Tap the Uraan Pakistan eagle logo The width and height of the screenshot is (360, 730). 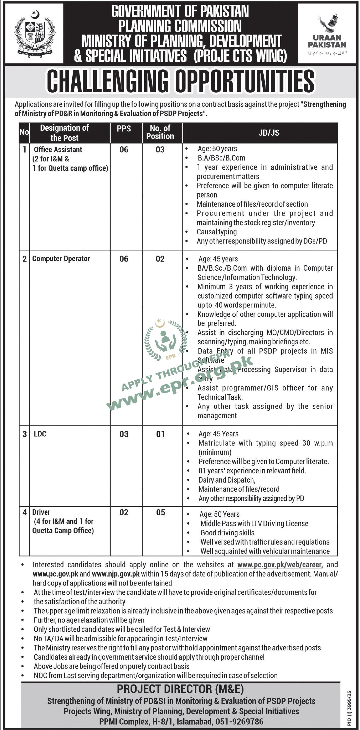coord(327,24)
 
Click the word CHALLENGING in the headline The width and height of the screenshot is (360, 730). coord(107,81)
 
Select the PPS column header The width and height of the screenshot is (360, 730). coord(124,129)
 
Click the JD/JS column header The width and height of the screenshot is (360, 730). coord(269,133)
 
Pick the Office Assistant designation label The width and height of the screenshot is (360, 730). coord(58,150)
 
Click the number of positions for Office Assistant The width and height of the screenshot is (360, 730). coord(160,150)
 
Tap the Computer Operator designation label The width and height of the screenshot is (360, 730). coord(61,259)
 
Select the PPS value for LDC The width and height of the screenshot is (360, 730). coord(124,434)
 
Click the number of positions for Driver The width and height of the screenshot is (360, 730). coord(160,512)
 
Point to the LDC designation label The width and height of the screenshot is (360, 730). coord(40,434)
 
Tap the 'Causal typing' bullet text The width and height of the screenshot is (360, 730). coord(217,232)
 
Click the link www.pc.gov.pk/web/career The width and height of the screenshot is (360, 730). coord(280,565)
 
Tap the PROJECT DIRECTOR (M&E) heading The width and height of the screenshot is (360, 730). coord(180,689)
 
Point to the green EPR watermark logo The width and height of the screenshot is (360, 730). coord(165,339)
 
